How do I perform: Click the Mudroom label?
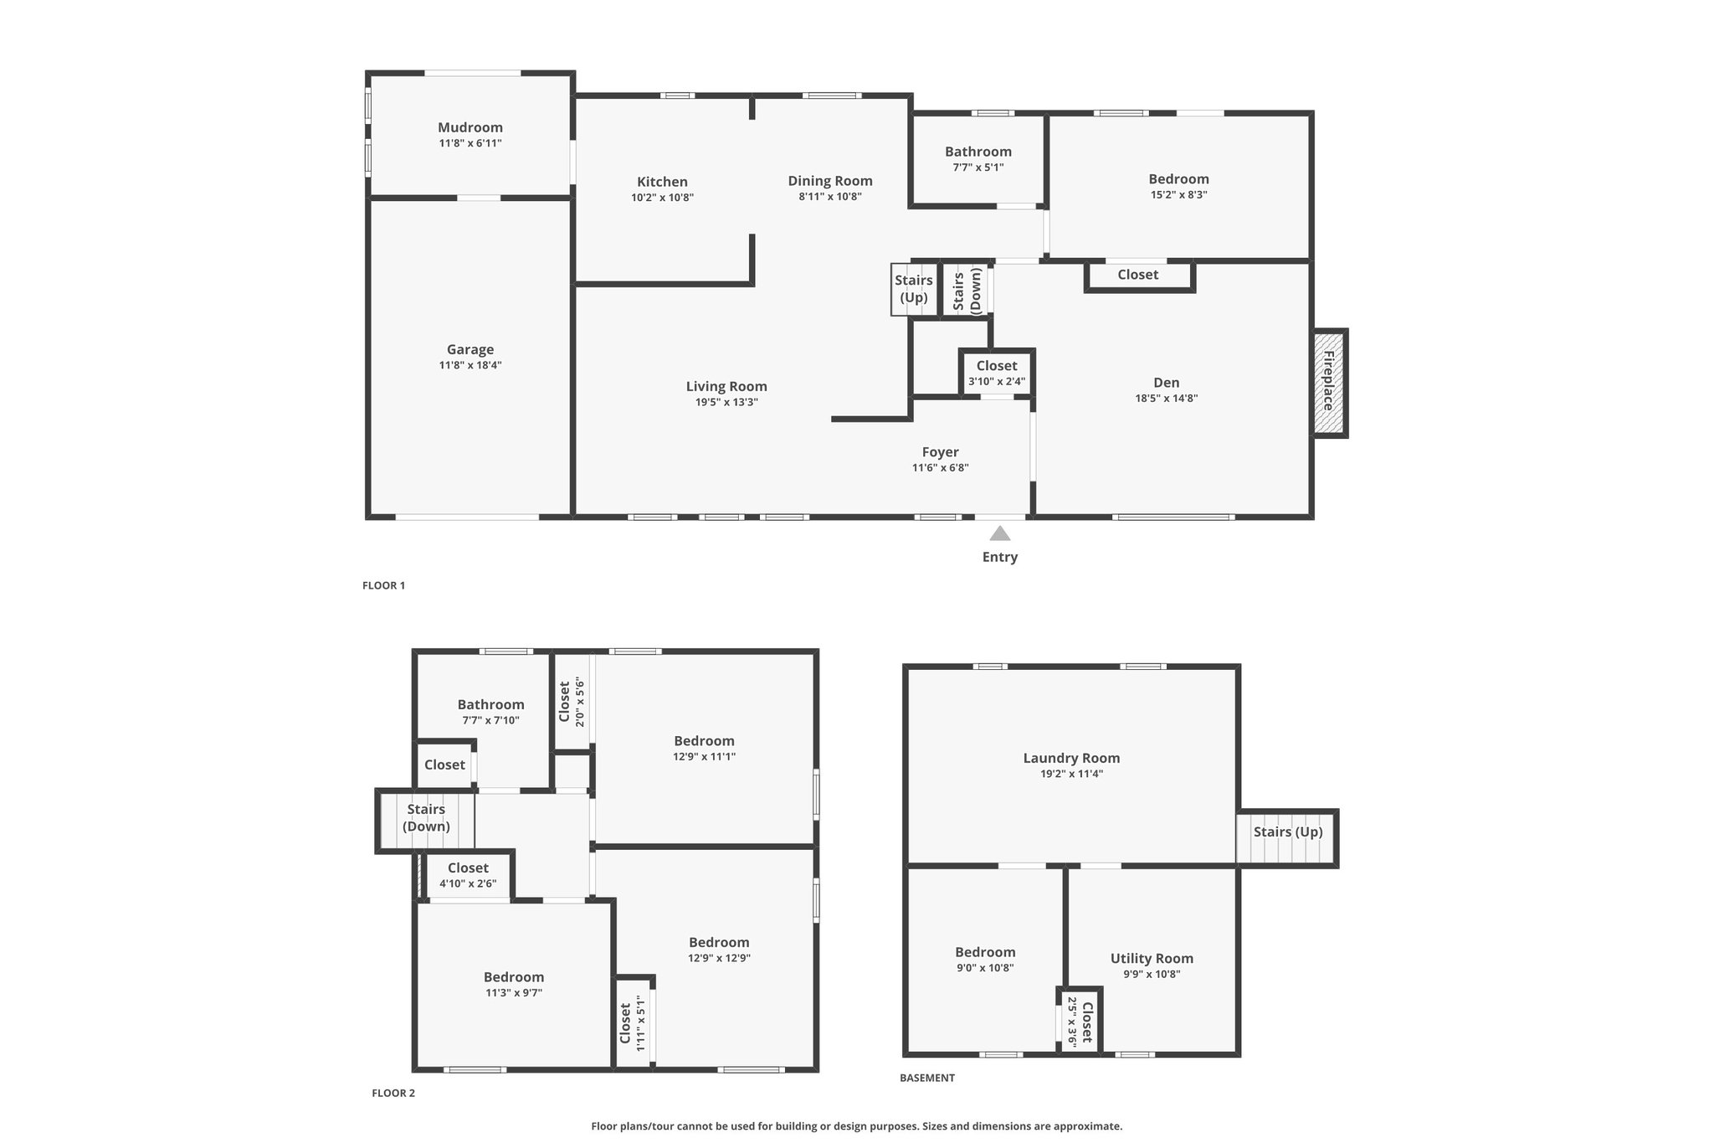[470, 127]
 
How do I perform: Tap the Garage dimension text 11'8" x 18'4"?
[470, 365]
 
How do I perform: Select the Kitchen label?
[662, 182]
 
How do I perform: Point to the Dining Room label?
[830, 181]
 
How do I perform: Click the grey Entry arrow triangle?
[1000, 533]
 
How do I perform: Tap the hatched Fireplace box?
[1329, 383]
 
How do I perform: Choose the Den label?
[1167, 383]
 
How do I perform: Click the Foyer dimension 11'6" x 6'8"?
[941, 468]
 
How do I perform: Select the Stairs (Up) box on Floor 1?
[914, 290]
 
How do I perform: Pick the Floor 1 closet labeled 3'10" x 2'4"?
[997, 373]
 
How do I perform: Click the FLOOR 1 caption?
[383, 585]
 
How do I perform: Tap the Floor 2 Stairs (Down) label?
[426, 818]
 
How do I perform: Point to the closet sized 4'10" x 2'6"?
[468, 875]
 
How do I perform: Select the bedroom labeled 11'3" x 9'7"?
[514, 985]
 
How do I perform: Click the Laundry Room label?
[1071, 758]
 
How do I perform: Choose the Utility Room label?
[1152, 959]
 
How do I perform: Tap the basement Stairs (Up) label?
[1288, 832]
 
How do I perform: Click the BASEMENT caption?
[927, 1078]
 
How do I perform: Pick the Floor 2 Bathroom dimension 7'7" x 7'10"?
[490, 720]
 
